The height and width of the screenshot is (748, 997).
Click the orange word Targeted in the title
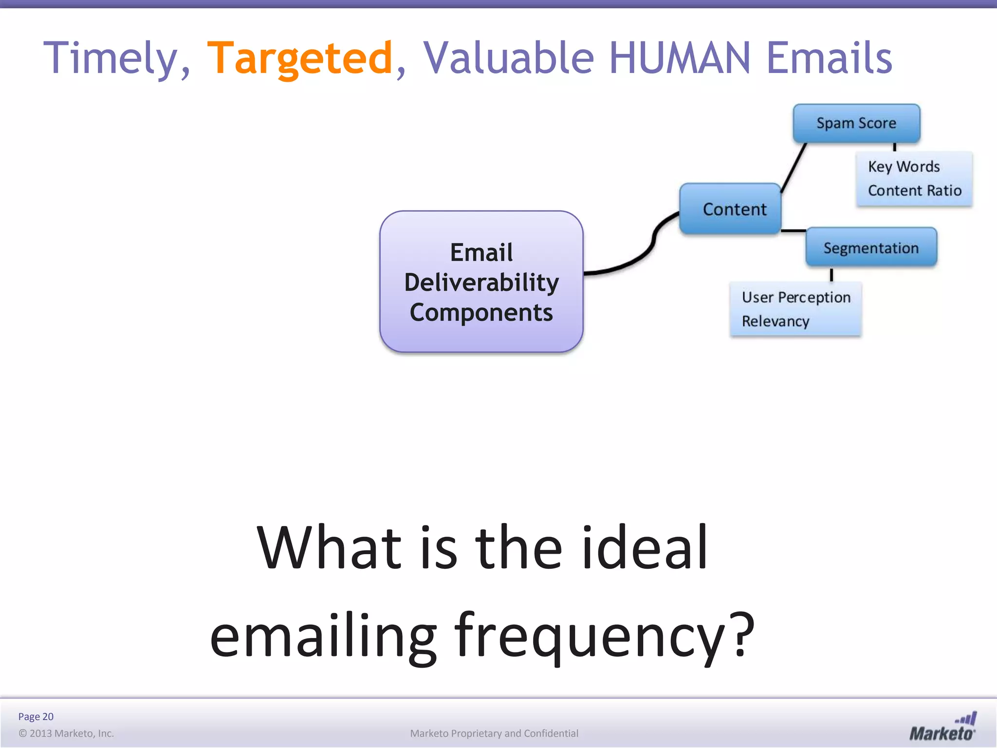299,58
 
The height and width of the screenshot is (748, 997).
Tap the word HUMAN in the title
680,58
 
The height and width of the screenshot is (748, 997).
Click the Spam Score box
856,123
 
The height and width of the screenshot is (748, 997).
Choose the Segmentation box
871,248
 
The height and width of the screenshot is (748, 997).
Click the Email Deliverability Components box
481,282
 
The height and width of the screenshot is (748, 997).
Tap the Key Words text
904,167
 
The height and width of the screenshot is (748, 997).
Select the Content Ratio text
914,190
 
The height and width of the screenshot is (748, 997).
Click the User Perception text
796,297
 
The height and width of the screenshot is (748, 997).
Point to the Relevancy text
775,321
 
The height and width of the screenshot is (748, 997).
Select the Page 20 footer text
36,716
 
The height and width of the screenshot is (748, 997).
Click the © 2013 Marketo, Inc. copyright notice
66,733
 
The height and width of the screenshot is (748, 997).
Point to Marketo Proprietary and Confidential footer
494,733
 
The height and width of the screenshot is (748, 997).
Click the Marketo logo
942,727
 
